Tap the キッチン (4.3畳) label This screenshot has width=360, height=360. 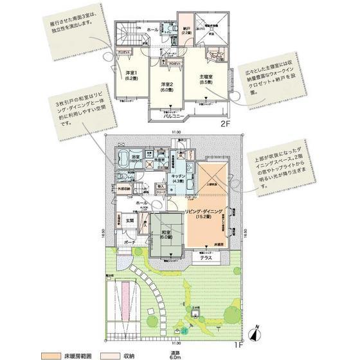pos(178,178)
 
